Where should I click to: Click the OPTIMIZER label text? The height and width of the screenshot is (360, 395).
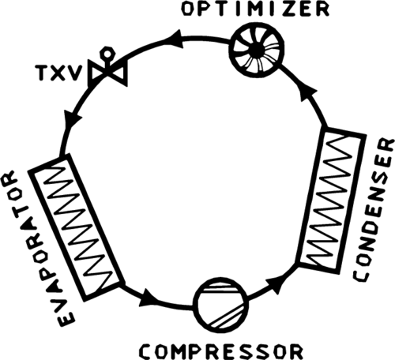click(256, 9)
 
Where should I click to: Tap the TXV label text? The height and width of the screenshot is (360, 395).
click(58, 73)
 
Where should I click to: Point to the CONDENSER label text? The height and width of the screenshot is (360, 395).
click(373, 210)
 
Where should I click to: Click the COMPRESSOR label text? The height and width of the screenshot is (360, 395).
click(220, 351)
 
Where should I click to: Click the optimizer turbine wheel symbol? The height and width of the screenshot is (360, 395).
click(257, 49)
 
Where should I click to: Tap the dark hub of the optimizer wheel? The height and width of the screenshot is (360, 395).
click(255, 48)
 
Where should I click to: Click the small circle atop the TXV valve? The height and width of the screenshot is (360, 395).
click(107, 53)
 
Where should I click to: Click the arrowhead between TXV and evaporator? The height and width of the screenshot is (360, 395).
click(72, 119)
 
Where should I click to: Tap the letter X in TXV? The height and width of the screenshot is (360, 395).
click(58, 73)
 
